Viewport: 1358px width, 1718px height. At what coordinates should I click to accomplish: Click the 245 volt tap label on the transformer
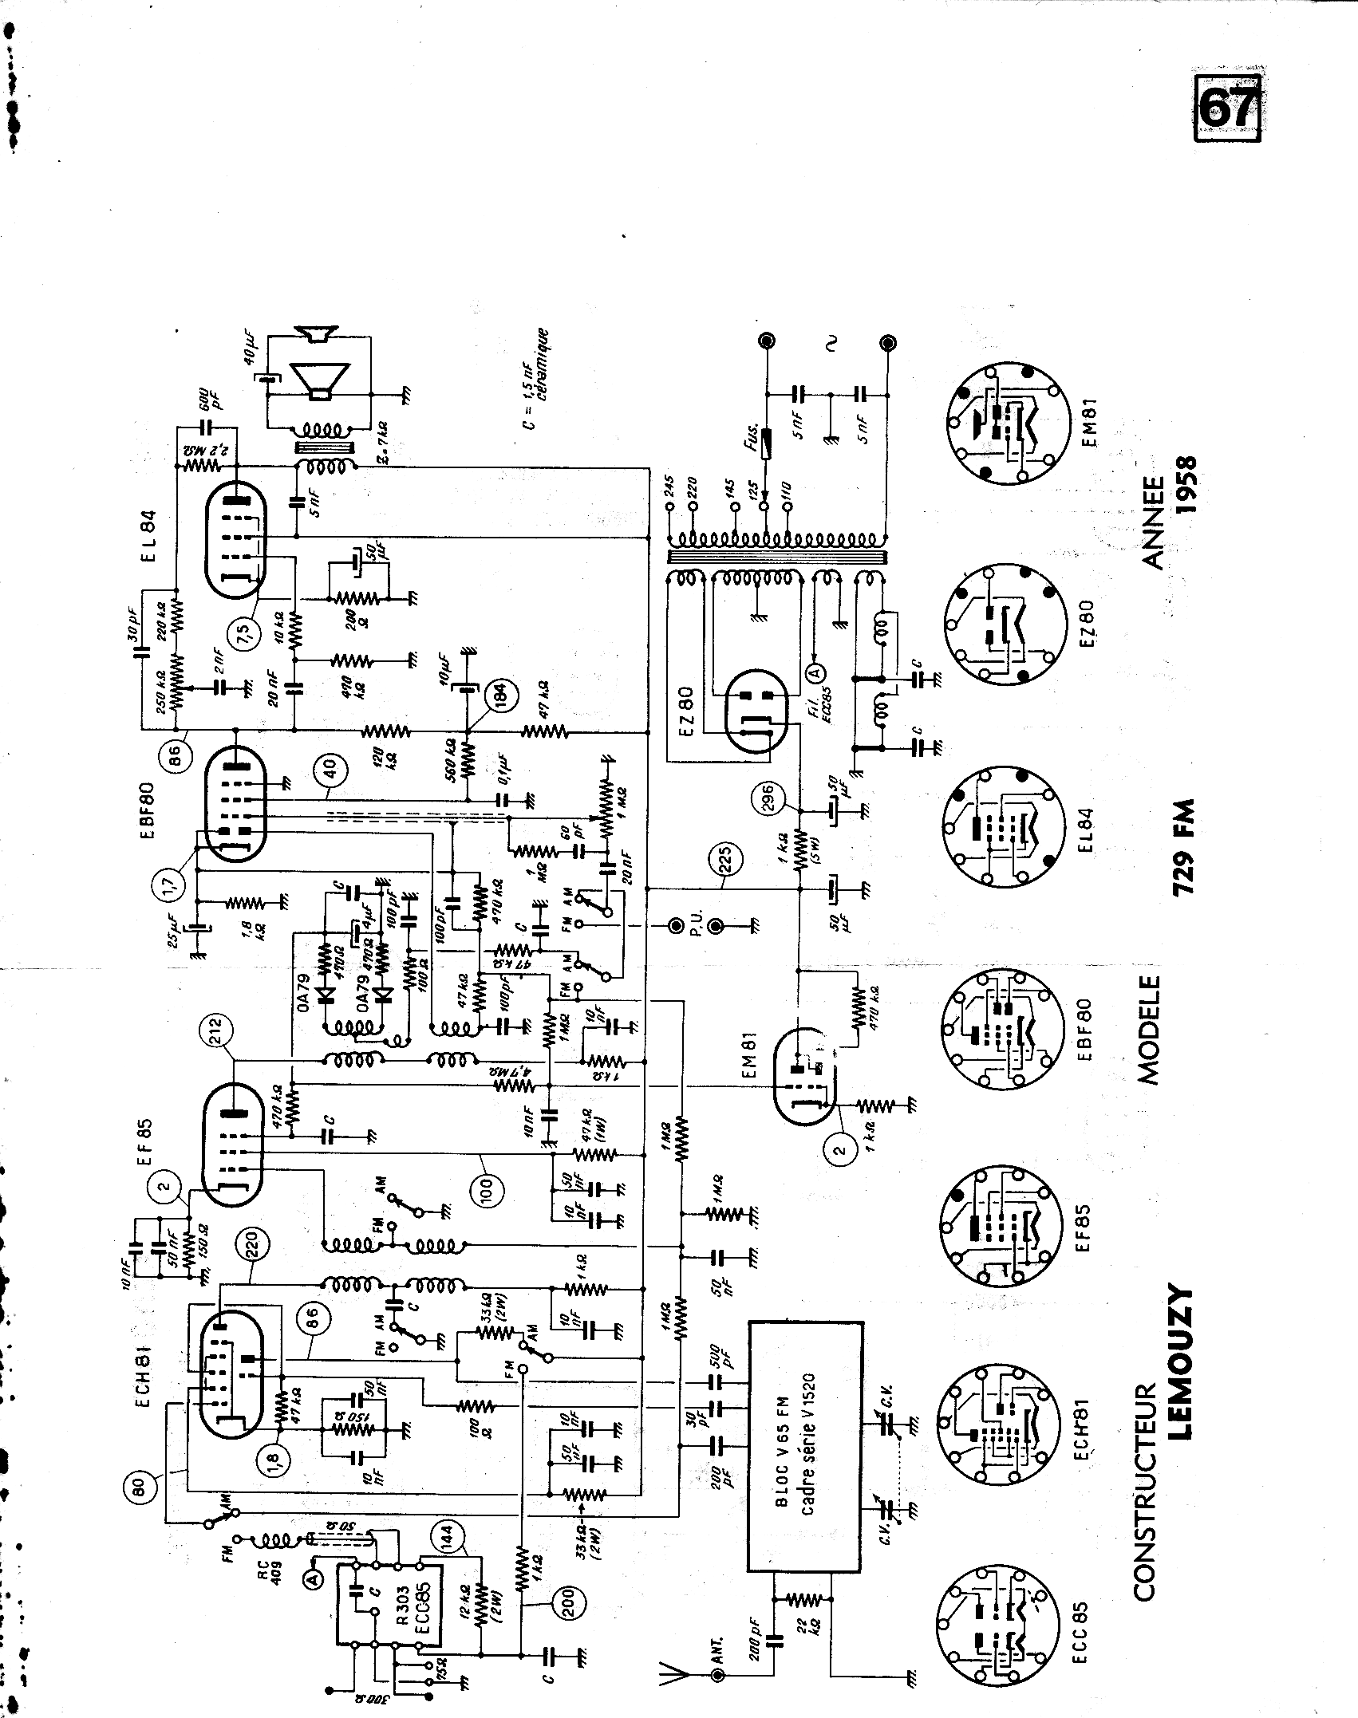tap(668, 486)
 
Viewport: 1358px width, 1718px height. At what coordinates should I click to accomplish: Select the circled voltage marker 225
tap(726, 861)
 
